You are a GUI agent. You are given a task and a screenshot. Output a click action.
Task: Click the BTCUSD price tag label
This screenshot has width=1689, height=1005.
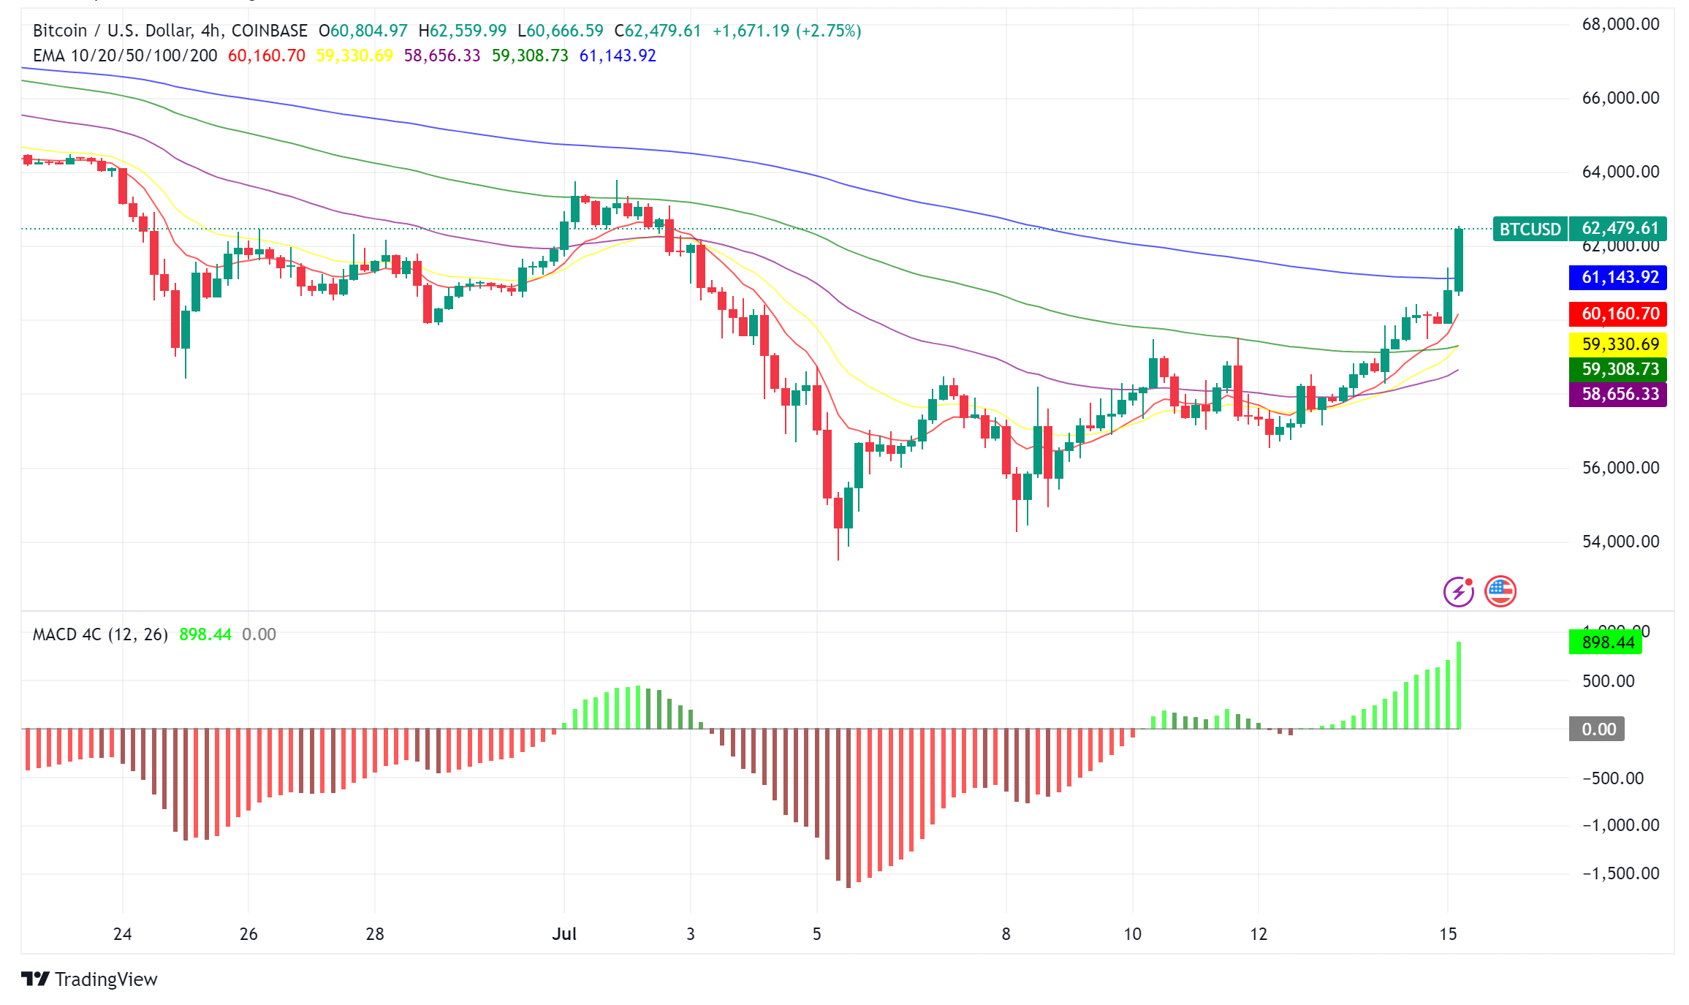[1530, 230]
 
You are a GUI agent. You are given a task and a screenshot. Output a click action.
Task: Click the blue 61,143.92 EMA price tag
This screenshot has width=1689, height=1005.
[1617, 277]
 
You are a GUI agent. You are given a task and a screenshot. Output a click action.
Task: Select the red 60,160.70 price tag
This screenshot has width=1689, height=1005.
[1617, 314]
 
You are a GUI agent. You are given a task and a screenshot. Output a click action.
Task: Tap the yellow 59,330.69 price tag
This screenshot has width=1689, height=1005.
[1617, 344]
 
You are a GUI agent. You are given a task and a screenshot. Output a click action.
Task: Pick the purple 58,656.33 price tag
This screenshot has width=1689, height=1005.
[1617, 394]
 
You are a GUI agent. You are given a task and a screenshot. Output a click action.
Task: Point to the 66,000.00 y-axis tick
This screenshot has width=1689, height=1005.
[1620, 98]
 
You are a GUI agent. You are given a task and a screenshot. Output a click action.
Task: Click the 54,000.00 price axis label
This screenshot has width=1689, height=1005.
[1620, 542]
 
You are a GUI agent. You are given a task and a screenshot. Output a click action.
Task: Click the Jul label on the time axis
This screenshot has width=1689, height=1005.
[564, 933]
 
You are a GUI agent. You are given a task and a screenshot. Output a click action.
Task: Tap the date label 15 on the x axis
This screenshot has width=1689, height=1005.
[1448, 933]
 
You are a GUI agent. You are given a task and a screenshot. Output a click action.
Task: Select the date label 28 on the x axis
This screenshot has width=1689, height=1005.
[375, 933]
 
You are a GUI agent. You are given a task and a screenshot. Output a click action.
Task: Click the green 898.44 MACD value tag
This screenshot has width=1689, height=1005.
[1606, 642]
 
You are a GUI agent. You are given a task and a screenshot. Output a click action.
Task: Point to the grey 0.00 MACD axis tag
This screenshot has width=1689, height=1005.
[1597, 729]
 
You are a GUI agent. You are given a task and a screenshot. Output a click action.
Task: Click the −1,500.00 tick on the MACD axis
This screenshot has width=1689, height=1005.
[1620, 873]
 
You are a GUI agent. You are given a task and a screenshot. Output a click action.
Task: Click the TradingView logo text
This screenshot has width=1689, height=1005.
[105, 979]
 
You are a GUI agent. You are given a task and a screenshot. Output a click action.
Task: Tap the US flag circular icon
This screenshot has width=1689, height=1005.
[1500, 591]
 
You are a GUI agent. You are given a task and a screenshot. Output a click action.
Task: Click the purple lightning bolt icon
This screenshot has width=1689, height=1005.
[1459, 591]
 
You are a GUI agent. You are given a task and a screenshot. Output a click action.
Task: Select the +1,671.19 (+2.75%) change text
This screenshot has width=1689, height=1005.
[786, 31]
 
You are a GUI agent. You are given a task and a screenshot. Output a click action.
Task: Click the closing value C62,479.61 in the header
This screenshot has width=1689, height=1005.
[657, 31]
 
